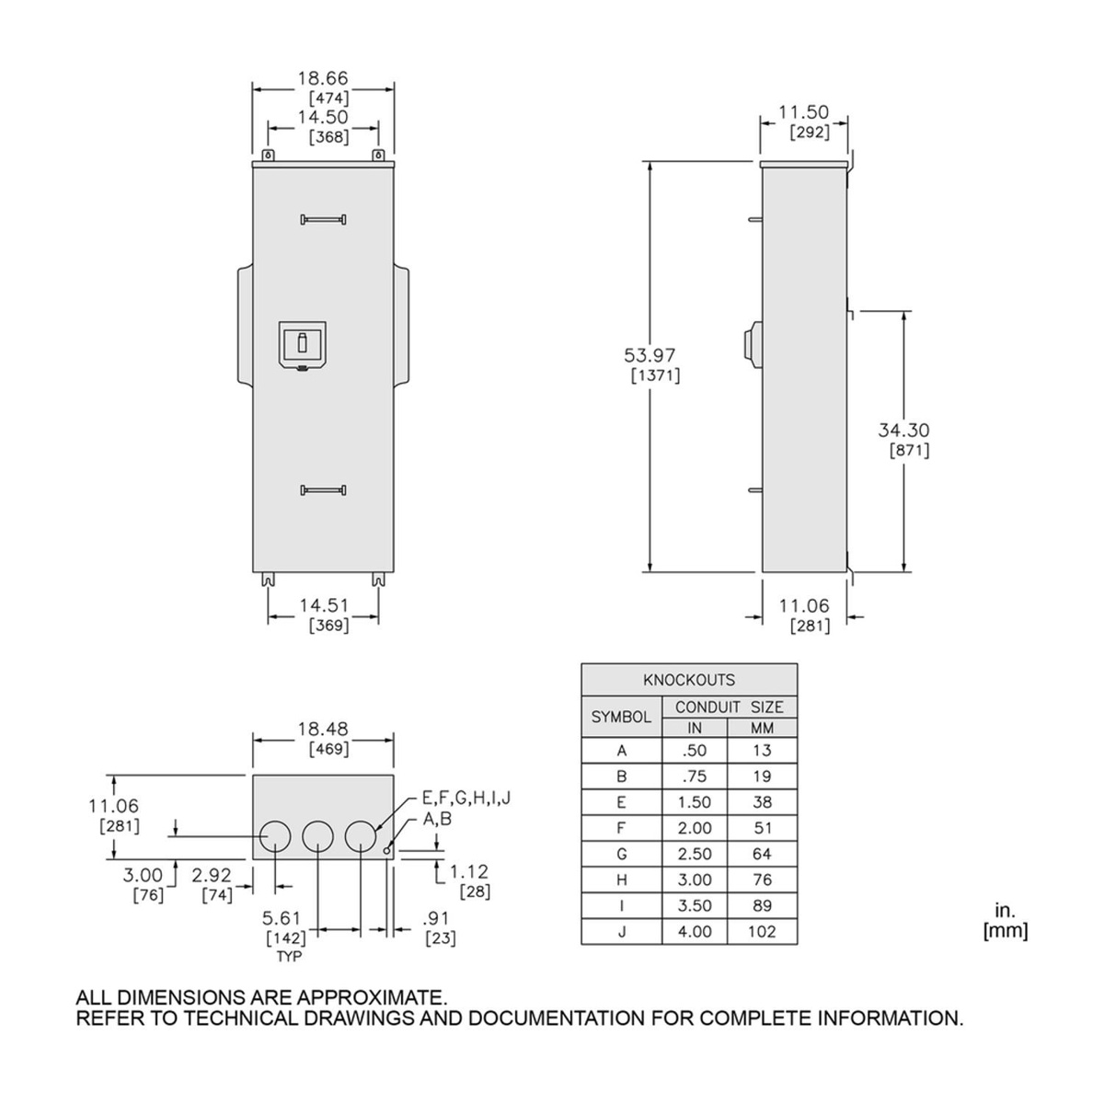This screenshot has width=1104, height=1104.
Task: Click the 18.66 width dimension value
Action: pyautogui.click(x=323, y=78)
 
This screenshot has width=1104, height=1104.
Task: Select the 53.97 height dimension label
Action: pyautogui.click(x=650, y=355)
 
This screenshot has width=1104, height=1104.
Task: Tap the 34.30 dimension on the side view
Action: pyautogui.click(x=903, y=430)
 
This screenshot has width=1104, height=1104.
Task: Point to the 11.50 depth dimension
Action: pyautogui.click(x=803, y=111)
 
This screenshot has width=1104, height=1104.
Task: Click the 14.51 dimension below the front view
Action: pyautogui.click(x=324, y=605)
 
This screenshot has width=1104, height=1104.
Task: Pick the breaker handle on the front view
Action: pyautogui.click(x=302, y=344)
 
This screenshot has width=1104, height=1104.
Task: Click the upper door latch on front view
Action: pyautogui.click(x=323, y=219)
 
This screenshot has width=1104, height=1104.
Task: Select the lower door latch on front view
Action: pyautogui.click(x=323, y=489)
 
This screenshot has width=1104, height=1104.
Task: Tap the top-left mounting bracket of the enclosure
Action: pyautogui.click(x=268, y=155)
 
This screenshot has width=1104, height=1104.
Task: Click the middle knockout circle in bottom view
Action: pyautogui.click(x=317, y=836)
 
